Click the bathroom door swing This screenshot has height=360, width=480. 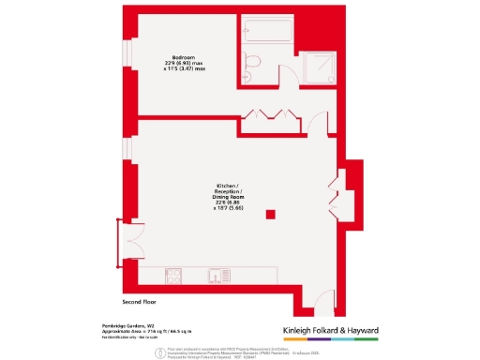coord(289,81)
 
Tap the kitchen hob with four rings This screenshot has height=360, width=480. coord(174,275)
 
